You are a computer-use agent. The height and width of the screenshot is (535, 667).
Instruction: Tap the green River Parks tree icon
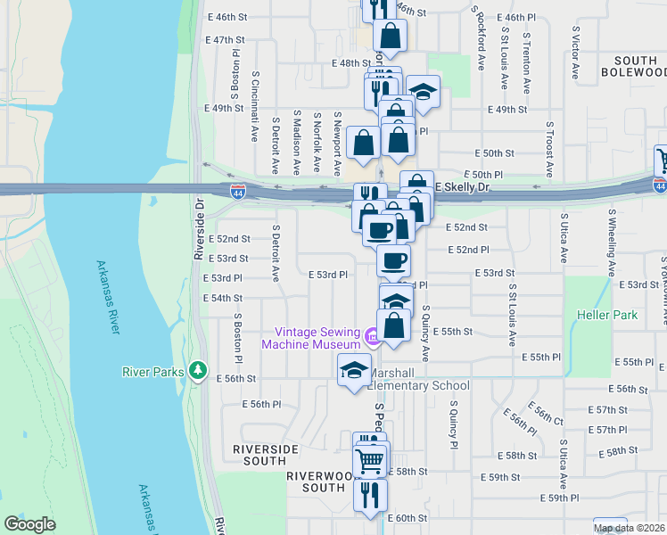(198, 371)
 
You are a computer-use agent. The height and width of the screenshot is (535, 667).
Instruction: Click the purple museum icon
(372, 336)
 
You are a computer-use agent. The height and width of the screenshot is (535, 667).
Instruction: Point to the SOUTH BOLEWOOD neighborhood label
(632, 65)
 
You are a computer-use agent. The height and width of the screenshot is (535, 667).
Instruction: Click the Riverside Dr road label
(199, 227)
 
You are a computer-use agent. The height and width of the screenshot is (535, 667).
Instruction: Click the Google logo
(29, 524)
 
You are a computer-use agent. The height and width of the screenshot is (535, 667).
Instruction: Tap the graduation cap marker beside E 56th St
(354, 370)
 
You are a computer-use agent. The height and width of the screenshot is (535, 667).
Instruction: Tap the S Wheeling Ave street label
(612, 243)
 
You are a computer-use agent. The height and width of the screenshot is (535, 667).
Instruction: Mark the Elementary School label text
(418, 386)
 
